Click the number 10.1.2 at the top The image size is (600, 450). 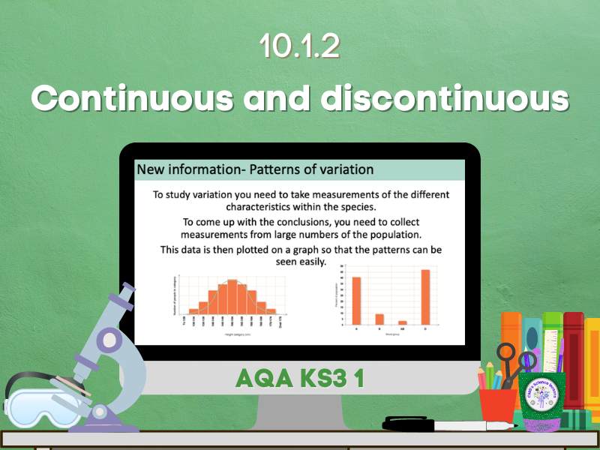tap(299, 46)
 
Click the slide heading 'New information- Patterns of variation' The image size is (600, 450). tap(255, 169)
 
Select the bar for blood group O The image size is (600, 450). tap(425, 296)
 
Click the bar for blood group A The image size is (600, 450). tap(356, 300)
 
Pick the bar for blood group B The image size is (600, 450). tap(379, 318)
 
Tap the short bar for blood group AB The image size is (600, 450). tap(403, 322)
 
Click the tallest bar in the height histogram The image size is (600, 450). tap(232, 297)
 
